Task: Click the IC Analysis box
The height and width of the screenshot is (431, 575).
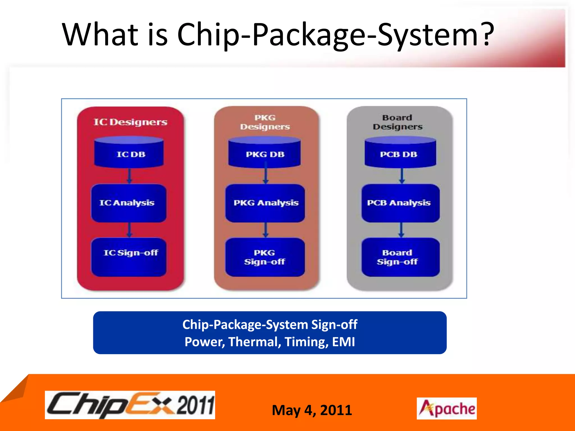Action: coord(129,203)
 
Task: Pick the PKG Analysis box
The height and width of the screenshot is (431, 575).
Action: coord(265,203)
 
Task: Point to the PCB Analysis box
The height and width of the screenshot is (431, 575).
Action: coord(400,203)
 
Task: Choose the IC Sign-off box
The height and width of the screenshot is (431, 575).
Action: coord(129,256)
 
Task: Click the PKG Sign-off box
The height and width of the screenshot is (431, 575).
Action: coord(265,257)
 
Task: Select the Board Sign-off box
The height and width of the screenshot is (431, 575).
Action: coord(400,257)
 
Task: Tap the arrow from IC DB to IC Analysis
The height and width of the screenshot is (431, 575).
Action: coord(129,176)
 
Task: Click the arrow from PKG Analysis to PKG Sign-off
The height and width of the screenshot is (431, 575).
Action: coord(266,230)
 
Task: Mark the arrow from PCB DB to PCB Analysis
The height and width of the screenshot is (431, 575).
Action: coord(402,176)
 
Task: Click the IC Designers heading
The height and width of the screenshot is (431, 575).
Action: coord(130,122)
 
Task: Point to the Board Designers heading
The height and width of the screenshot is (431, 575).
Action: coord(398,122)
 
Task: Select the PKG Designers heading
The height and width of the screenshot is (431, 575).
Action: coord(265,122)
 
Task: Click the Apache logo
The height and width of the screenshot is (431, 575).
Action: coord(446,408)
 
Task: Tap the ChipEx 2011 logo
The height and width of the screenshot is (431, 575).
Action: coord(130,405)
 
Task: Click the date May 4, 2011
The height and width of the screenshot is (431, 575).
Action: coord(312,410)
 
